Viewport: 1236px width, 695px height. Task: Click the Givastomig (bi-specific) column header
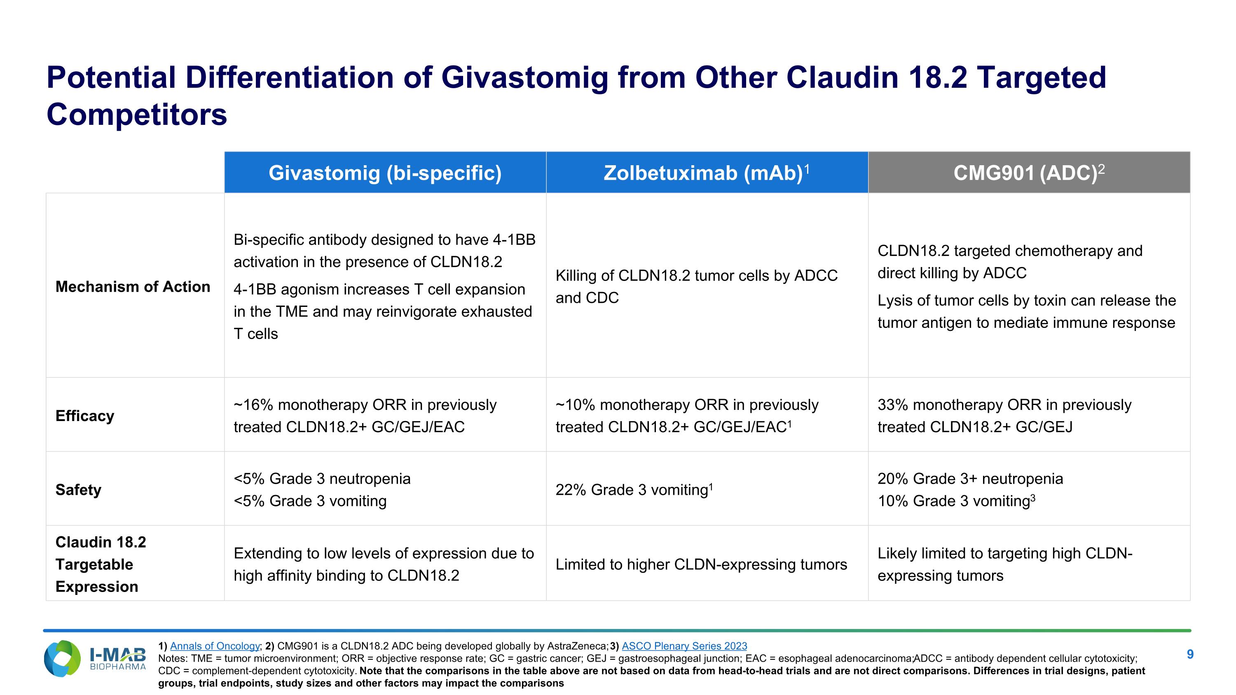tap(385, 173)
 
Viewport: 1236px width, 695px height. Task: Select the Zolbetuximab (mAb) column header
tap(706, 173)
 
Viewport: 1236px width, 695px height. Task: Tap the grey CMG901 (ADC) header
tap(1029, 173)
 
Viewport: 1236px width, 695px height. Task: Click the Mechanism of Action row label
tap(133, 286)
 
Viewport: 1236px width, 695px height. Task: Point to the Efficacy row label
tap(84, 415)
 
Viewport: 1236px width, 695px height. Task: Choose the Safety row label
tap(78, 489)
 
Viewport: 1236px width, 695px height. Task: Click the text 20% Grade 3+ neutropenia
tap(970, 478)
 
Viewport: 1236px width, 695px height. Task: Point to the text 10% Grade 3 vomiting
tap(955, 501)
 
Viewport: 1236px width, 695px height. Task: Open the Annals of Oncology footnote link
tap(215, 646)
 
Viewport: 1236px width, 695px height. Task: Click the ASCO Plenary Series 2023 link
tap(684, 646)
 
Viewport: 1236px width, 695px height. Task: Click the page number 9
tap(1190, 654)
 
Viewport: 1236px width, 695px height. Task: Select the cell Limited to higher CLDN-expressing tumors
tap(701, 564)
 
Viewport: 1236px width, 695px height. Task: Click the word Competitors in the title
tap(137, 115)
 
